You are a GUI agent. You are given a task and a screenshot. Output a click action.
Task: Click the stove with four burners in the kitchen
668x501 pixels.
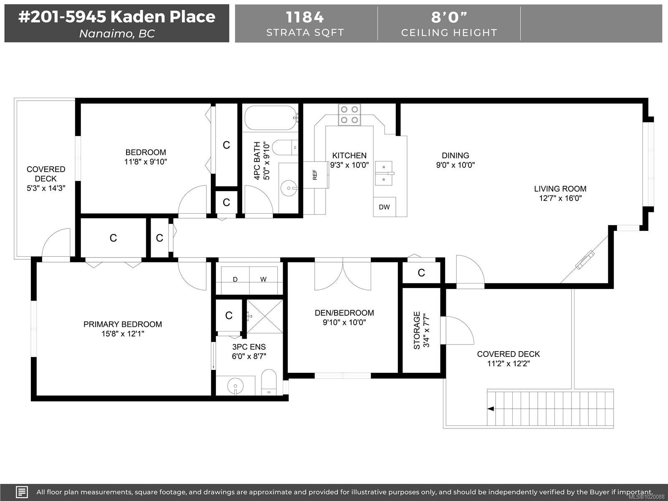(x=349, y=115)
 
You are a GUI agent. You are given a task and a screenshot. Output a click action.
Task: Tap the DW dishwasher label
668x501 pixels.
(x=385, y=207)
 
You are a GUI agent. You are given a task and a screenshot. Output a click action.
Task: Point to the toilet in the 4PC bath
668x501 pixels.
(x=285, y=147)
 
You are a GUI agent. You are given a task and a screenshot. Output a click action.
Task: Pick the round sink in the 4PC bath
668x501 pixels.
(x=288, y=188)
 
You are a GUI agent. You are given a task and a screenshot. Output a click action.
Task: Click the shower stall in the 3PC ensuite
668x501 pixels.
(x=264, y=316)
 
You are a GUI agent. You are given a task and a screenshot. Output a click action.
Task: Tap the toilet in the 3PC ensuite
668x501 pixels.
(x=269, y=382)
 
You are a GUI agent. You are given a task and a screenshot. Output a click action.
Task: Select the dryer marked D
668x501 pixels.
(x=235, y=280)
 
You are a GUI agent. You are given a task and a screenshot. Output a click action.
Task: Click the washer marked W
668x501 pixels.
(x=263, y=280)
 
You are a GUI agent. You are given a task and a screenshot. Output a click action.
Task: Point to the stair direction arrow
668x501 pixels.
(x=490, y=409)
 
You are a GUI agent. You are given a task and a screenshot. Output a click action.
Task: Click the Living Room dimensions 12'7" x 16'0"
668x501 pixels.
(x=560, y=198)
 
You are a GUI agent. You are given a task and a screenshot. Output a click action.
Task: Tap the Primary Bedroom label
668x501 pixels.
(x=123, y=324)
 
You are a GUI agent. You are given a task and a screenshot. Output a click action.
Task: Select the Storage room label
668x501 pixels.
(x=417, y=330)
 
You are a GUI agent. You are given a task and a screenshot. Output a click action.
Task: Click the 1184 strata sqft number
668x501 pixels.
(x=305, y=18)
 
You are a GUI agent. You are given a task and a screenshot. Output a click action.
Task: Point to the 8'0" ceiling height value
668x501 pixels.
(x=449, y=17)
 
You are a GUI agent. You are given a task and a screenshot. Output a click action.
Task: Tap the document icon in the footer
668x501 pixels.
(x=22, y=492)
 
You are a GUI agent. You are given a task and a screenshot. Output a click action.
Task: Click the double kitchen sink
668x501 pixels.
(x=384, y=173)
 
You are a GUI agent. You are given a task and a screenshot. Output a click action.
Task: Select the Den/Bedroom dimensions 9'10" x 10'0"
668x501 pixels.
(x=344, y=322)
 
